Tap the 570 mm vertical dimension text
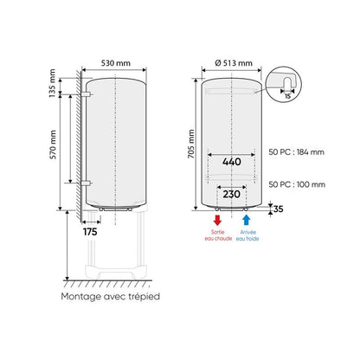(53, 142)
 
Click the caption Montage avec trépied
(110, 296)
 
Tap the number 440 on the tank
(230, 161)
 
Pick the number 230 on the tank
(230, 195)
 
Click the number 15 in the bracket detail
(286, 98)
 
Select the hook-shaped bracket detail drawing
(286, 85)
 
